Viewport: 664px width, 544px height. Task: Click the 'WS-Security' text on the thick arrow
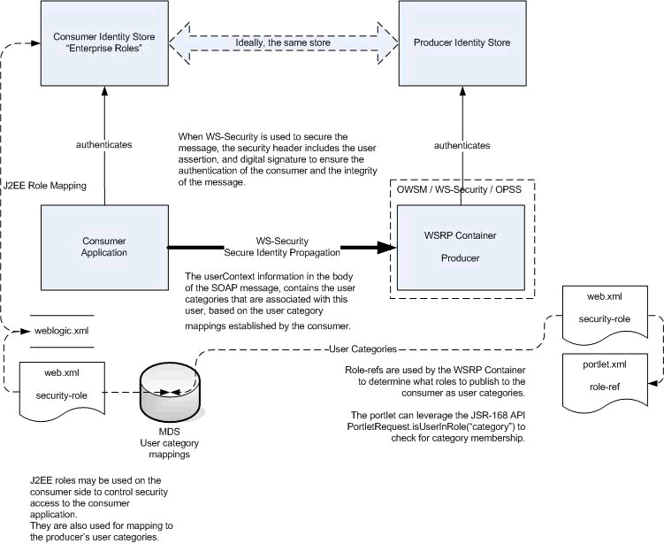(281, 240)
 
